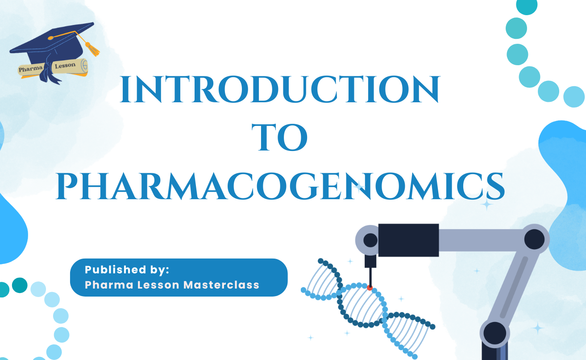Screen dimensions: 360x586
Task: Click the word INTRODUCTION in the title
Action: tap(280, 91)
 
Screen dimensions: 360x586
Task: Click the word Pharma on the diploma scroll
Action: tap(30, 69)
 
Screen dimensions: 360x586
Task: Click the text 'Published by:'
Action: tap(127, 270)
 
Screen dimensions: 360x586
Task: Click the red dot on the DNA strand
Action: tap(370, 288)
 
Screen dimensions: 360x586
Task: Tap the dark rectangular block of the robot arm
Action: tap(408, 240)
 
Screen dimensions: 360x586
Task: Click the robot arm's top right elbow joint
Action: tap(534, 239)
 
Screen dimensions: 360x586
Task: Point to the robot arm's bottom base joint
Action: tap(495, 333)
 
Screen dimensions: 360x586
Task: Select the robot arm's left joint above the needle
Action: tap(370, 240)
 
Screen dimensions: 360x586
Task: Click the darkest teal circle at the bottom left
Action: tap(20, 285)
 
